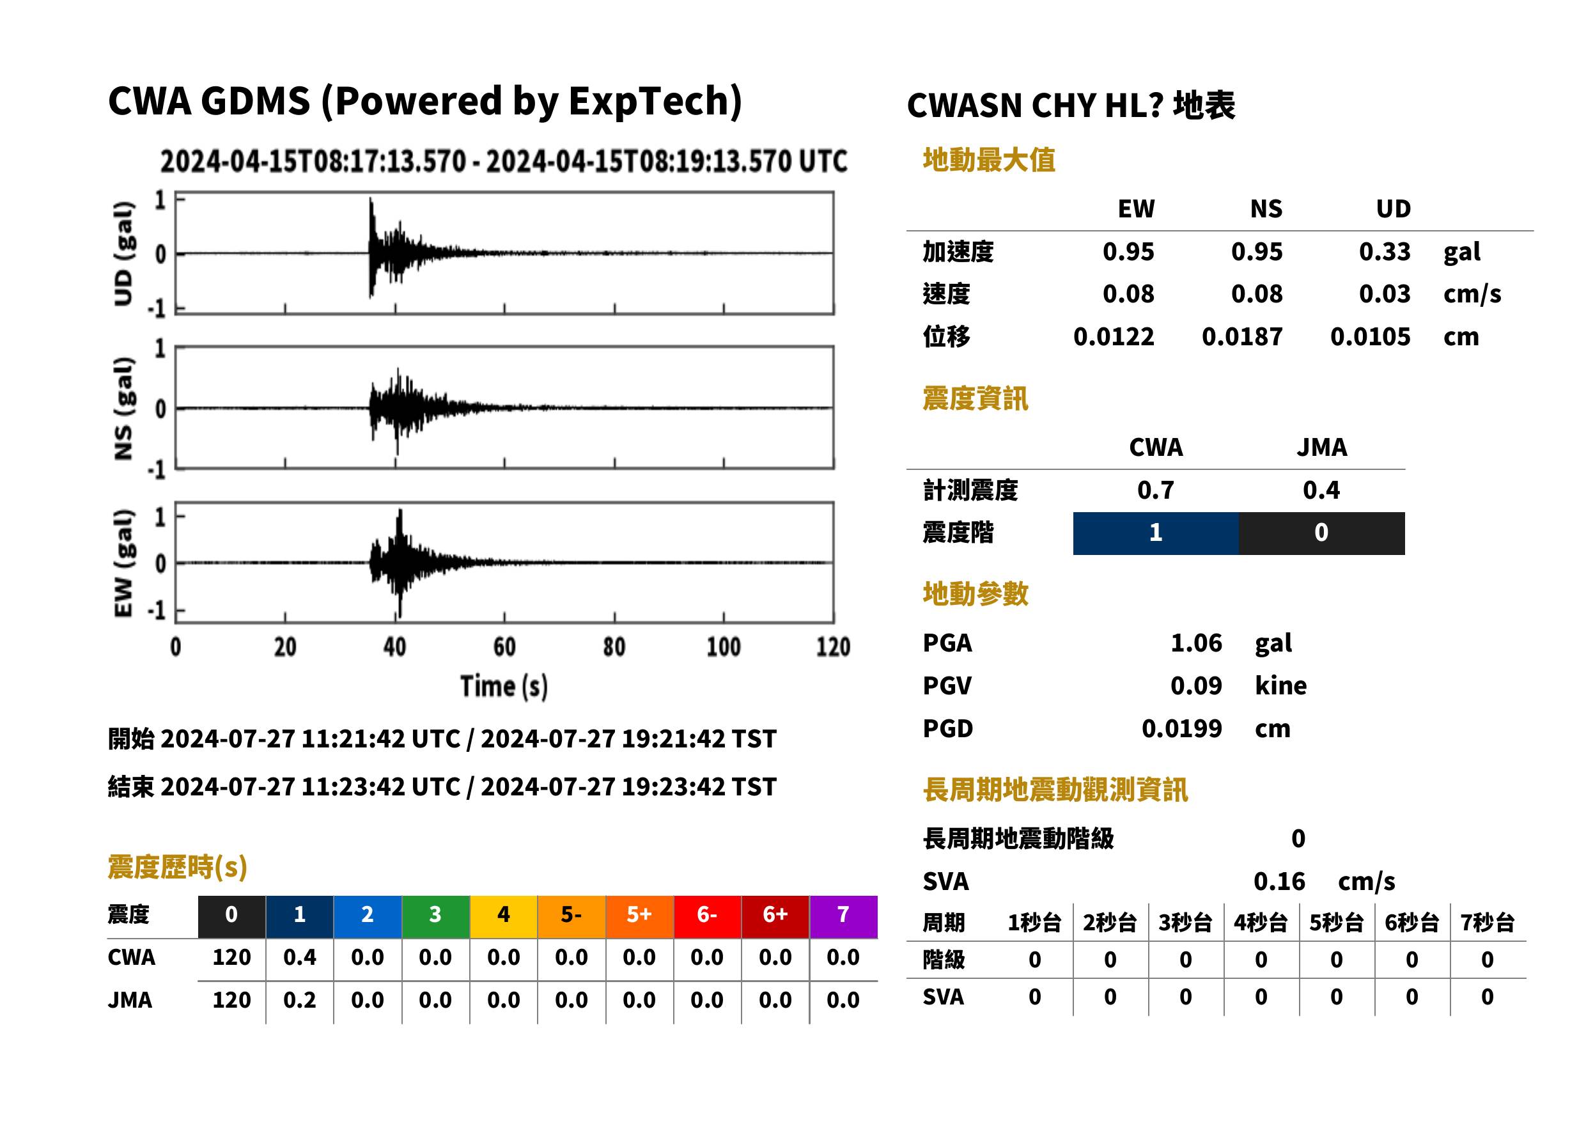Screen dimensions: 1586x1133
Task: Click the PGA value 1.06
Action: tap(1195, 643)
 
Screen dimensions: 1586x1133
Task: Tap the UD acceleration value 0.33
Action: tap(1385, 251)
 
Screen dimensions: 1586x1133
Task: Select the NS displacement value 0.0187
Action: tap(1242, 337)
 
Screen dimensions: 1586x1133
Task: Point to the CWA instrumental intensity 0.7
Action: tap(1156, 490)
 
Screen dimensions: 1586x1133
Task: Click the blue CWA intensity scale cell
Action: tap(1156, 533)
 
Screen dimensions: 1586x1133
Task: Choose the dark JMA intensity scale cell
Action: tap(1322, 533)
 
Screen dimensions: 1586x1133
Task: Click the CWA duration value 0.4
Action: tap(300, 958)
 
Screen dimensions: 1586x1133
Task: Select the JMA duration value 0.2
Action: tap(300, 1001)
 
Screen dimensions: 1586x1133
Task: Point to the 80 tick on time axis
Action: tap(614, 646)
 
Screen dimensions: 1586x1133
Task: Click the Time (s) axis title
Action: tap(504, 687)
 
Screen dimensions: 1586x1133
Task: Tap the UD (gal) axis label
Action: tap(123, 254)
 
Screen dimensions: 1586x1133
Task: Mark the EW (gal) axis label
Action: tap(123, 564)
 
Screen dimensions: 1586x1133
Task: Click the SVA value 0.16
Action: tap(1279, 882)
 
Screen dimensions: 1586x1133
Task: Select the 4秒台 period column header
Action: tap(1260, 923)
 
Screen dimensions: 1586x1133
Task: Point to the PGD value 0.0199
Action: tap(1182, 729)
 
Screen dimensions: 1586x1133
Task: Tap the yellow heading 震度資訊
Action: tap(975, 399)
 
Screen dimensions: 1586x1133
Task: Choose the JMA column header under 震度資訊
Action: tap(1322, 447)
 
